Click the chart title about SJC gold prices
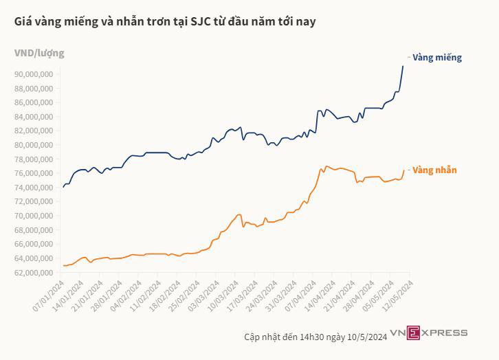165,22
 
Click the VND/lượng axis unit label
39,53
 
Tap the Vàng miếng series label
436,58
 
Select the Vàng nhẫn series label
434,170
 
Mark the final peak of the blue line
403,66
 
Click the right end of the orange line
403,170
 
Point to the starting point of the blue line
63,187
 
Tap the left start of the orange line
63,265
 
